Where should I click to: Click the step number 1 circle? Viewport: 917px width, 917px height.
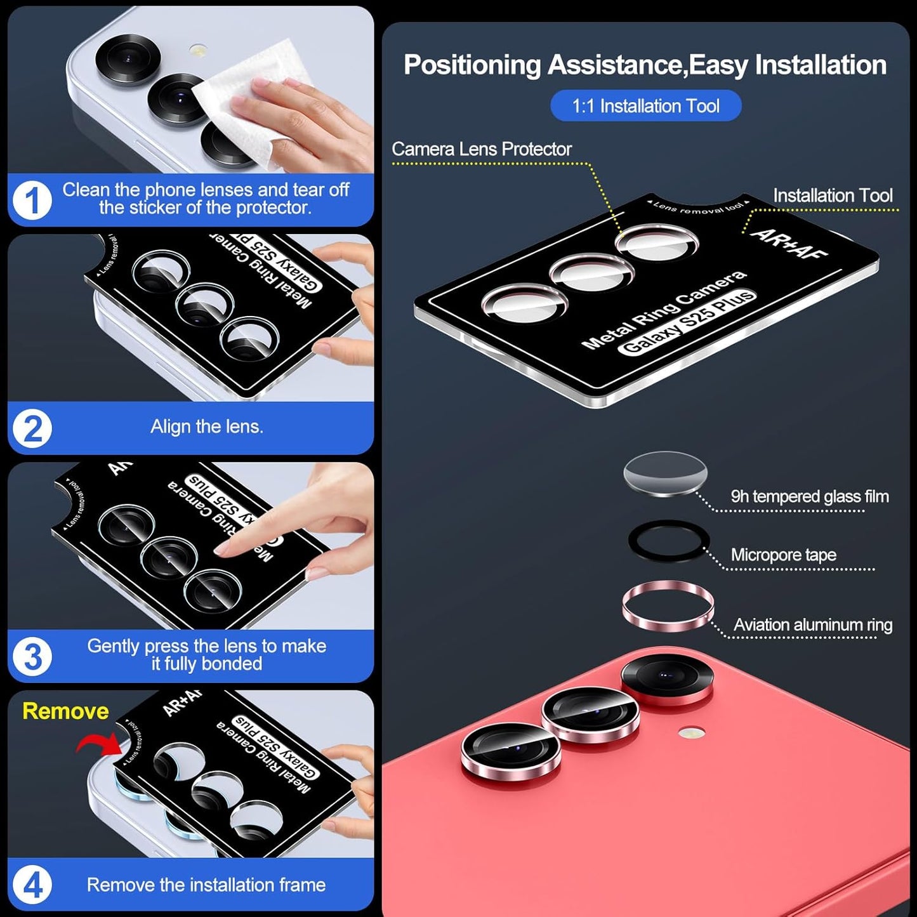[32, 201]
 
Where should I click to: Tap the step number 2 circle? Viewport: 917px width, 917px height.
[32, 428]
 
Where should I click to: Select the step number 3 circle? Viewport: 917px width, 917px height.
[32, 656]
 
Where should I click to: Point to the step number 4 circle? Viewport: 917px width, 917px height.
[32, 885]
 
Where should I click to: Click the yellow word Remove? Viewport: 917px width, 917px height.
[65, 711]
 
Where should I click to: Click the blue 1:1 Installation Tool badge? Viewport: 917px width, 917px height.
[645, 106]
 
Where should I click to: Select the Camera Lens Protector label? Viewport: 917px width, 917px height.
[481, 149]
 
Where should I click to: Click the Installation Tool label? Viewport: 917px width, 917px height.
[832, 195]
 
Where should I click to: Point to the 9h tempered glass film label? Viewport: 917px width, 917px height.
[809, 496]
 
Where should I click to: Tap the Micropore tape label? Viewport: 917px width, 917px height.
[783, 555]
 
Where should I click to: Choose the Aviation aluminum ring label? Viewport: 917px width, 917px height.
[812, 625]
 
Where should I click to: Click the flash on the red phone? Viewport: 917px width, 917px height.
[691, 734]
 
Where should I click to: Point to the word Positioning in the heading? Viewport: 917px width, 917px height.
[472, 65]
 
